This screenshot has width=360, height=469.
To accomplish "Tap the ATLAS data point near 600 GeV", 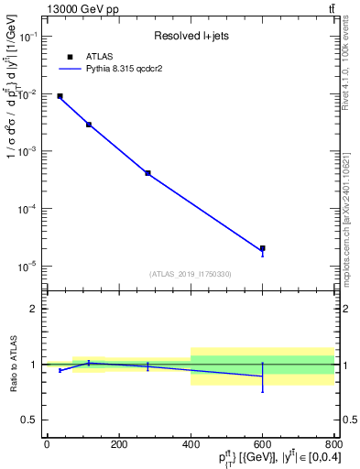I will point(262,248).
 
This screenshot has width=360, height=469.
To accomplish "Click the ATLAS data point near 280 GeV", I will point(147,173).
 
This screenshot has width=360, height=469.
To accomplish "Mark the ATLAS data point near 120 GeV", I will point(89,125).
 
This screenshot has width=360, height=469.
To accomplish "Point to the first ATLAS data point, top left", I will point(60,96).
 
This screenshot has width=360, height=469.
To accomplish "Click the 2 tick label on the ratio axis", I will point(34,309).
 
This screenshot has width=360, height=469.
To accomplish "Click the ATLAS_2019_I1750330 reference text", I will point(191,274).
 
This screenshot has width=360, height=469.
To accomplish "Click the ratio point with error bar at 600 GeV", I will point(262,376).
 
